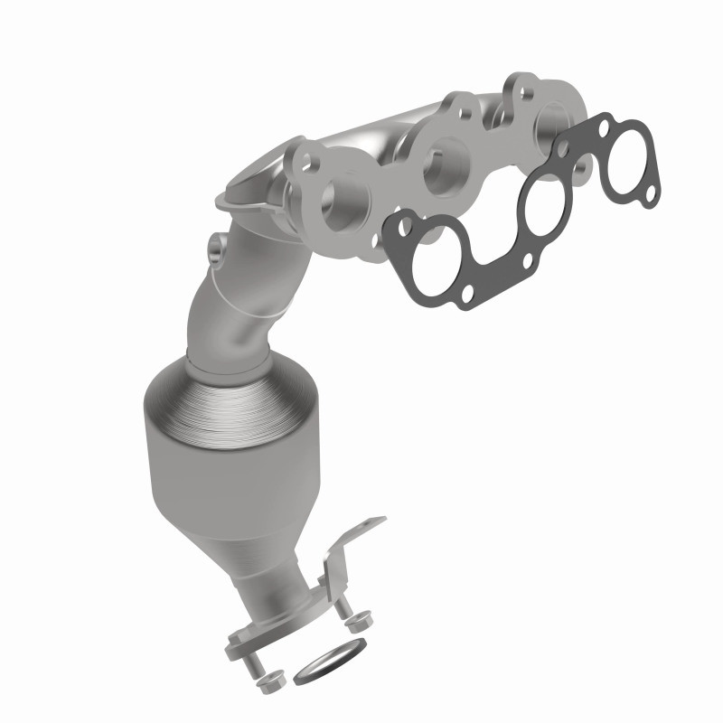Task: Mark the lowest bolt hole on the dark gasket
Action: tap(468, 295)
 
